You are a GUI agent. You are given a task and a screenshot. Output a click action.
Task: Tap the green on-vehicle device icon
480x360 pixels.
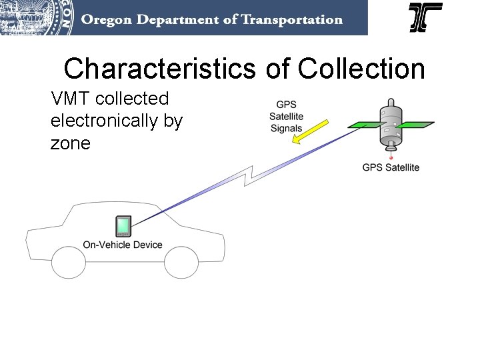click(123, 226)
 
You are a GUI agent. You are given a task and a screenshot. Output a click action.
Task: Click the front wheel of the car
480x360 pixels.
click(181, 262)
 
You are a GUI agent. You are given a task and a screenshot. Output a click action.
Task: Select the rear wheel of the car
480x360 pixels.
click(69, 262)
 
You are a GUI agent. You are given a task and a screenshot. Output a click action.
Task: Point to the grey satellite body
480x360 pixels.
click(391, 127)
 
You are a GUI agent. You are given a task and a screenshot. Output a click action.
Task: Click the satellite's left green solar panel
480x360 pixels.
click(364, 125)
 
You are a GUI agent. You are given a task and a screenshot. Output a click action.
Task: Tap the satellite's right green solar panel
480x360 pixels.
click(417, 123)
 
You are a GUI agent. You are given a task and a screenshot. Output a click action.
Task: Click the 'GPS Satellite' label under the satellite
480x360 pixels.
click(391, 167)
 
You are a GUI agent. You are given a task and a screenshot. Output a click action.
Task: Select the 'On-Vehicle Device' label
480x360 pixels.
click(123, 245)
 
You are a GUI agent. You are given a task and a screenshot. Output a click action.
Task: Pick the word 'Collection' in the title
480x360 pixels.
click(362, 68)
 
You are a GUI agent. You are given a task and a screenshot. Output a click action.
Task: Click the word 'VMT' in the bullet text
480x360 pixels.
click(71, 99)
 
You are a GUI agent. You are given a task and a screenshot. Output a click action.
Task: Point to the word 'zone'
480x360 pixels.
click(70, 143)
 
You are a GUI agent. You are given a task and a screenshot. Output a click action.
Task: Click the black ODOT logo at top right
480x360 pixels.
click(425, 17)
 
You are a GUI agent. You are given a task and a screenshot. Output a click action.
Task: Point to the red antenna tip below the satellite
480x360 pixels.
click(391, 158)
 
